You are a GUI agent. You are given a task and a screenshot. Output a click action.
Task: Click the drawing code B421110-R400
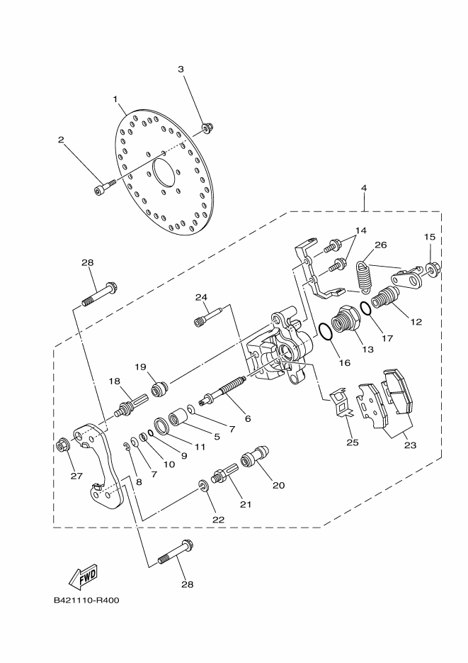coord(86,600)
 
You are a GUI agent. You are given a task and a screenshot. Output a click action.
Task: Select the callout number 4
coord(363,189)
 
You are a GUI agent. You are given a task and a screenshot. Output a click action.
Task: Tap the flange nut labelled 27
coord(62,446)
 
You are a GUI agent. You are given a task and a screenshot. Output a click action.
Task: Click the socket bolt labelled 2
coord(101,188)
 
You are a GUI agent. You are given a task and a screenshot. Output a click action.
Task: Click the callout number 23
coord(409,446)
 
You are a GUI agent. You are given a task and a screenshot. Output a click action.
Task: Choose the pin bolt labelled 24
coord(208,316)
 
